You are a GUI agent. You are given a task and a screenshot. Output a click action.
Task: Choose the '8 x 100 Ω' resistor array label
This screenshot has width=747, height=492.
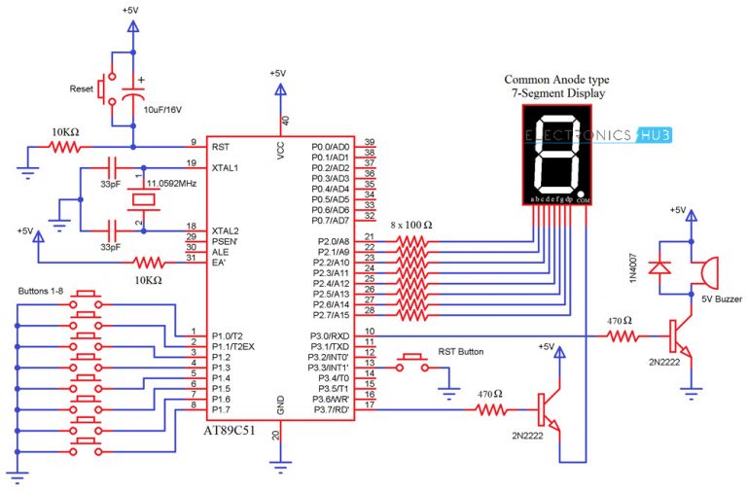419,226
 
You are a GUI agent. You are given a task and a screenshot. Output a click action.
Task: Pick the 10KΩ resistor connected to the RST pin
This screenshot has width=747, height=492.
67,148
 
